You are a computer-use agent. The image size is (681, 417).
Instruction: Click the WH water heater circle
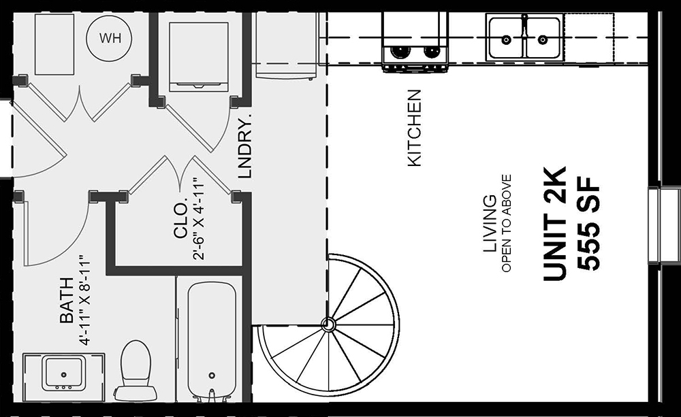point(110,38)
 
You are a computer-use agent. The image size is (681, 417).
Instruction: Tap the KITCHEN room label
point(415,128)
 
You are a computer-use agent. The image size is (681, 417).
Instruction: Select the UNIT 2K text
point(555,224)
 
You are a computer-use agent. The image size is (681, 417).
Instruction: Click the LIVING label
point(490,224)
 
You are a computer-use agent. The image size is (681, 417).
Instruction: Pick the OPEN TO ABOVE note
point(507,224)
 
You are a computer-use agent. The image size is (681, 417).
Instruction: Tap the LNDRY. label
point(245,147)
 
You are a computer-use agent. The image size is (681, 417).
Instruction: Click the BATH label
point(67,300)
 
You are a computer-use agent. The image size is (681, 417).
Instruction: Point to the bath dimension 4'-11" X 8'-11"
point(85,301)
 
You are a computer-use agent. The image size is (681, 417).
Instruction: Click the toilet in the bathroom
point(135,371)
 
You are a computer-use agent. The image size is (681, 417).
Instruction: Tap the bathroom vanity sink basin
point(63,373)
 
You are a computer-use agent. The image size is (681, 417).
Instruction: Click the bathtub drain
point(212,376)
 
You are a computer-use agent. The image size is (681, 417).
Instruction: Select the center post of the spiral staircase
point(328,324)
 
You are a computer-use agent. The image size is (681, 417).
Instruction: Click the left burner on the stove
point(398,51)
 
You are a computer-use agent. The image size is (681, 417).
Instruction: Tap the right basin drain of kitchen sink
point(543,40)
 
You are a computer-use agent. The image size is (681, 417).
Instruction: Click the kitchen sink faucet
point(524,27)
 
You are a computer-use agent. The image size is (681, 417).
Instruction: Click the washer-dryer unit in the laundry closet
point(198,56)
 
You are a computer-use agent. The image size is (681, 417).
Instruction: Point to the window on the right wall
point(664,226)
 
